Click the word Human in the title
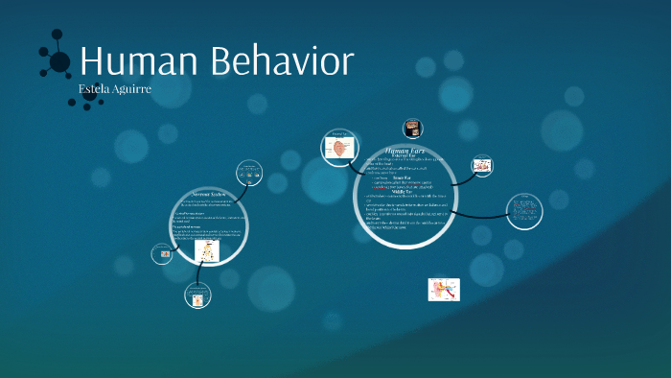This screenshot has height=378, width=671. pyautogui.click(x=135, y=62)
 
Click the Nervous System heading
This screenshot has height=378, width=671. pyautogui.click(x=207, y=193)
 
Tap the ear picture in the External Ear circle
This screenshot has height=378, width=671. pyautogui.click(x=340, y=147)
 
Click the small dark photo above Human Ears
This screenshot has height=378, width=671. pyautogui.click(x=413, y=127)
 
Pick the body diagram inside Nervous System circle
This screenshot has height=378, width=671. pyautogui.click(x=207, y=251)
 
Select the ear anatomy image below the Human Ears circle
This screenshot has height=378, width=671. pyautogui.click(x=443, y=290)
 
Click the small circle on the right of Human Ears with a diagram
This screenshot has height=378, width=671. pyautogui.click(x=482, y=165)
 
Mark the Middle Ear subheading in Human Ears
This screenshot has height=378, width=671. pyautogui.click(x=402, y=191)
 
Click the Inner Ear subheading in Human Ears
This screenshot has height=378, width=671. pyautogui.click(x=402, y=177)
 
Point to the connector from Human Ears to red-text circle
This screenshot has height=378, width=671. pyautogui.click(x=479, y=213)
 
